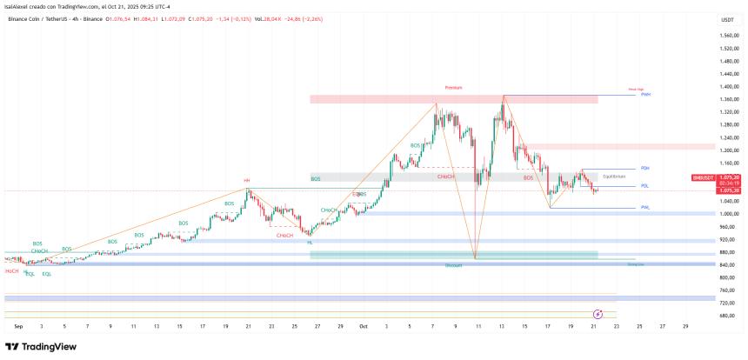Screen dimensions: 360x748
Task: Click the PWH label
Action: click(646, 95)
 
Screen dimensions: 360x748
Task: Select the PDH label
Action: click(645, 168)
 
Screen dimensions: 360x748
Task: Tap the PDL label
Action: click(645, 186)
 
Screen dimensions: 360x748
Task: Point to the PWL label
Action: click(645, 207)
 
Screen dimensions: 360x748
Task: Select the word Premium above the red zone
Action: click(453, 88)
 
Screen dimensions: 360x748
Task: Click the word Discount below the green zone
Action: click(453, 264)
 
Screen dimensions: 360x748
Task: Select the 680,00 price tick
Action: click(729, 316)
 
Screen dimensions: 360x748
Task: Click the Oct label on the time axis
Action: click(363, 326)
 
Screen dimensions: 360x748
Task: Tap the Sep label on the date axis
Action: click(18, 326)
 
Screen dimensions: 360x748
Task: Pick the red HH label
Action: click(247, 181)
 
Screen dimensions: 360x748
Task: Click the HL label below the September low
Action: click(310, 243)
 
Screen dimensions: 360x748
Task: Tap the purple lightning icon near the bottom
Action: click(598, 313)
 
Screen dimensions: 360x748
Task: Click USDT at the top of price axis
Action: click(727, 18)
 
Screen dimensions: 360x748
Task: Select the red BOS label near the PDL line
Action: click(528, 177)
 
